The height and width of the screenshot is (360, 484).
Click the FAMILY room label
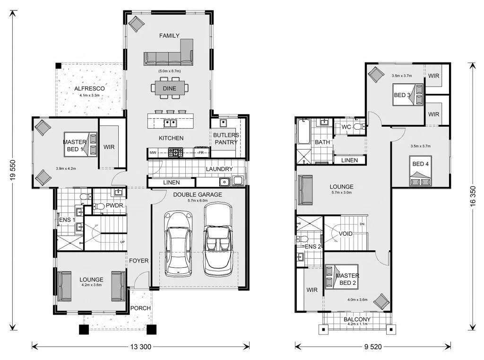click(x=169, y=35)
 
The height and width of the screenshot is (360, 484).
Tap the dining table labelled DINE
click(x=170, y=88)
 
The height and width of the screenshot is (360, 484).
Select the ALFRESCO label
click(x=89, y=88)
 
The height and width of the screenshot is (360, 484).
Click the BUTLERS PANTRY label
click(x=226, y=139)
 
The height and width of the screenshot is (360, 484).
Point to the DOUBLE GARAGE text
click(x=198, y=194)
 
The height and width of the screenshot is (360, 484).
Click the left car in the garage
click(x=178, y=244)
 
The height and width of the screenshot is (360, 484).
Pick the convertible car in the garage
click(x=218, y=239)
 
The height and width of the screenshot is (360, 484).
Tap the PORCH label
click(x=140, y=308)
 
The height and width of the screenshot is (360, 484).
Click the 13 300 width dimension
click(x=141, y=347)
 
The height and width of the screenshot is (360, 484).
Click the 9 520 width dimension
click(x=373, y=347)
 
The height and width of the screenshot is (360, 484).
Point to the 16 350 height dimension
click(x=473, y=198)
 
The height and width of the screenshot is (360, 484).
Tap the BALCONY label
click(x=357, y=319)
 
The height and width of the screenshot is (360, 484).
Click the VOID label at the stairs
click(x=346, y=234)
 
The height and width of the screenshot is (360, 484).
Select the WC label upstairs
click(x=346, y=127)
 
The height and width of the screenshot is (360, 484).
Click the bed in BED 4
click(x=420, y=171)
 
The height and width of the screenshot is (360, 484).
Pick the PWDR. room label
click(x=115, y=205)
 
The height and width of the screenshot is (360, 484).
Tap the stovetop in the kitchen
click(x=175, y=152)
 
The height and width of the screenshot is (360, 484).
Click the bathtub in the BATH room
click(x=304, y=132)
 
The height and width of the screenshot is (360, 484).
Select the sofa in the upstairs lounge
click(x=305, y=190)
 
